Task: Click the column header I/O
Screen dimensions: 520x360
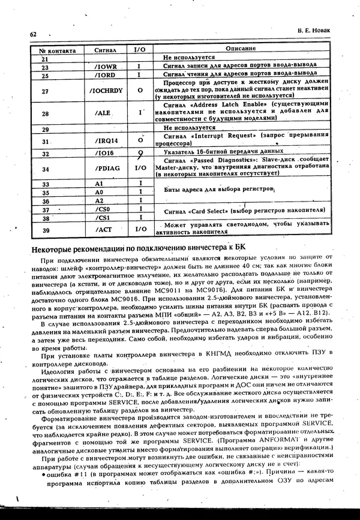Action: point(139,49)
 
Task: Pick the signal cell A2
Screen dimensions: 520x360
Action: point(100,200)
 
